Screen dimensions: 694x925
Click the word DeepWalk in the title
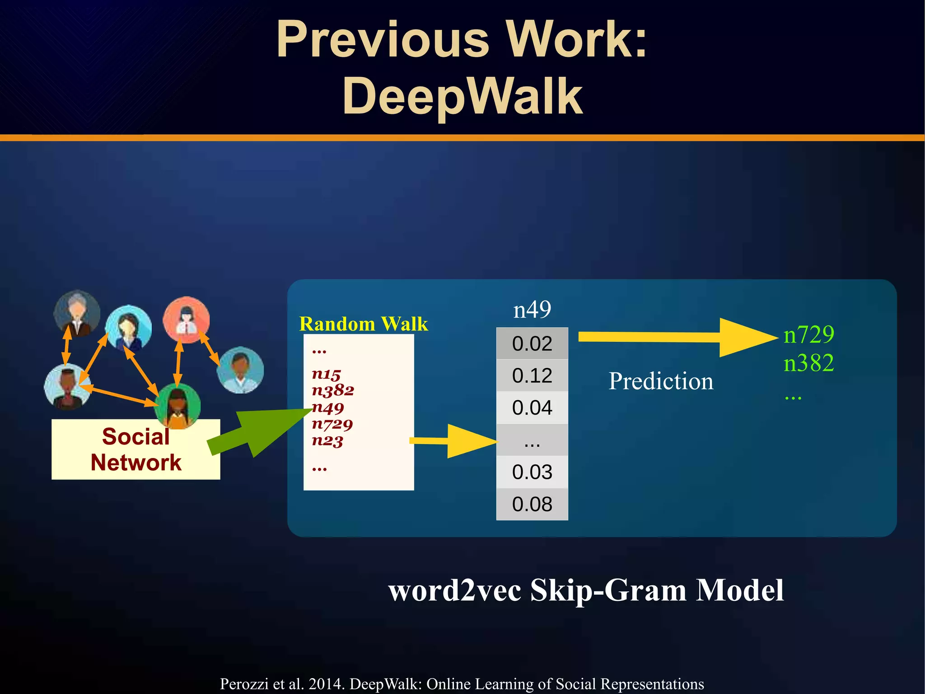pos(462,96)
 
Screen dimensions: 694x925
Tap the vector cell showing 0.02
pos(532,344)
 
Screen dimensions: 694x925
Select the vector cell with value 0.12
pos(532,376)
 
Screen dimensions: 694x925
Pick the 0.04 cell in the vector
pos(532,408)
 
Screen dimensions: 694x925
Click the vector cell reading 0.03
pos(532,472)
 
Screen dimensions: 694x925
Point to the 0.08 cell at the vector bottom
pos(532,504)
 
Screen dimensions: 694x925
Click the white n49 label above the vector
pos(532,310)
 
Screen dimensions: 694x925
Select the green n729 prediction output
pos(808,335)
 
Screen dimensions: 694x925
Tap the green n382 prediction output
pos(808,363)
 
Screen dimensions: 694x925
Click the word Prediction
pos(661,381)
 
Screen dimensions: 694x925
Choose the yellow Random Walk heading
pos(363,324)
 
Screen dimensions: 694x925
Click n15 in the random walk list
pos(326,374)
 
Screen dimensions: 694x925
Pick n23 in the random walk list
pos(327,440)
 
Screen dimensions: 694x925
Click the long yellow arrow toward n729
pos(677,337)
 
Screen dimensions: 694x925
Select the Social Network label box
pos(135,449)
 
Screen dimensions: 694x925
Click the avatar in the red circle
pos(186,319)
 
